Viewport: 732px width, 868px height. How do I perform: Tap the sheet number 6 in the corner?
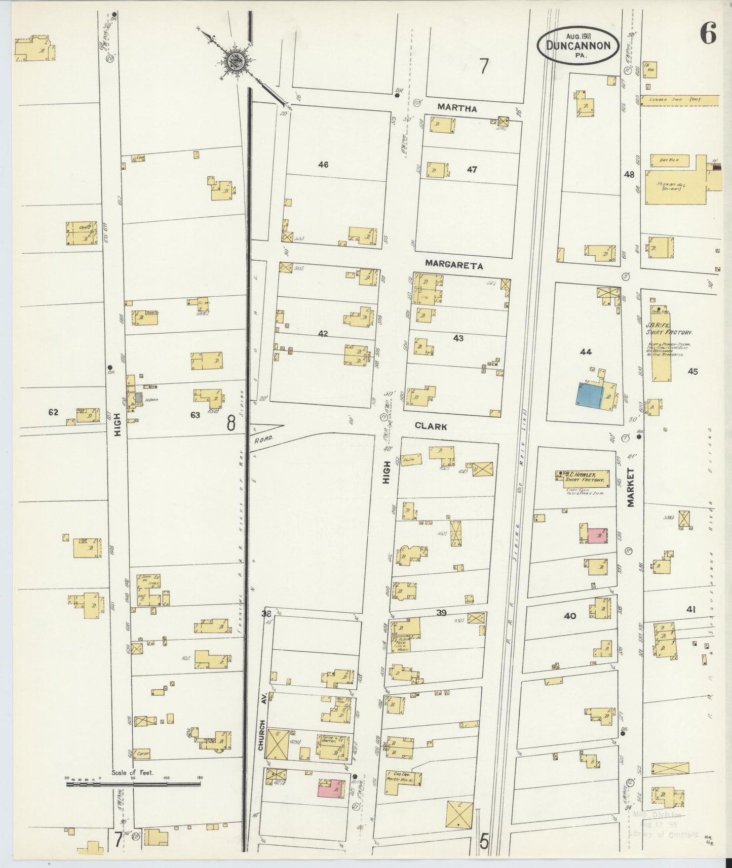point(708,34)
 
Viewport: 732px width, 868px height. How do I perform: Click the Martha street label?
point(457,108)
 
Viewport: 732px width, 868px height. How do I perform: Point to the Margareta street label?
point(454,264)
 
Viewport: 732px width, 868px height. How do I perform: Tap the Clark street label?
point(431,426)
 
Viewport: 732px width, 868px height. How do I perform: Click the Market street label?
point(631,487)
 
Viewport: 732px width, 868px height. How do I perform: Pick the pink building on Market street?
point(597,535)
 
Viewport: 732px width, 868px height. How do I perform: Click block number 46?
point(323,164)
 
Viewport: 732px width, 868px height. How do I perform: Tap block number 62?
point(53,412)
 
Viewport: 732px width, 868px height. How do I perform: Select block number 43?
point(458,338)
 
